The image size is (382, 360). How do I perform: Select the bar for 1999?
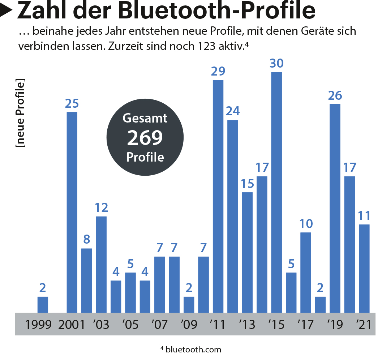(43, 305)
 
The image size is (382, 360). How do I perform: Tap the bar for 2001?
(72, 213)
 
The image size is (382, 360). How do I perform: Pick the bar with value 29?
(218, 196)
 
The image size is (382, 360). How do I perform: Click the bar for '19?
(335, 209)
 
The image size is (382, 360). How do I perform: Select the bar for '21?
(364, 269)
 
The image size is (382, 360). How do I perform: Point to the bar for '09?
(189, 305)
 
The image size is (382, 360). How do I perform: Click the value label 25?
(72, 104)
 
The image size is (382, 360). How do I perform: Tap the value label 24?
(232, 111)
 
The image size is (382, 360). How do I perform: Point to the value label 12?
(101, 208)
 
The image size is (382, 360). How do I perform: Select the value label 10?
(306, 224)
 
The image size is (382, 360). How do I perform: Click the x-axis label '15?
(276, 325)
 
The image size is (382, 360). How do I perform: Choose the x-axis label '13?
(247, 325)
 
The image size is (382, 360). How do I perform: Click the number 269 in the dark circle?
(145, 138)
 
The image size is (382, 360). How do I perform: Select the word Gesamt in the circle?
(145, 118)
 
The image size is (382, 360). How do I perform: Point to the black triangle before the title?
(7, 11)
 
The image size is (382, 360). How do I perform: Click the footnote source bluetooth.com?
(193, 350)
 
